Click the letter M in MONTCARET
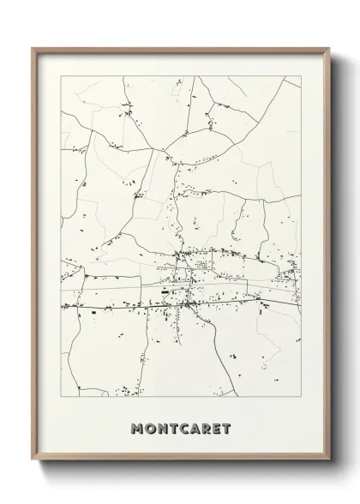138,428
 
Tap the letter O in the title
150,428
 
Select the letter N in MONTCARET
161,428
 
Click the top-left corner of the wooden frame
33,48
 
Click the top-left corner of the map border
60,76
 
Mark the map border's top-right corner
301,76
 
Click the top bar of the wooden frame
180,49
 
